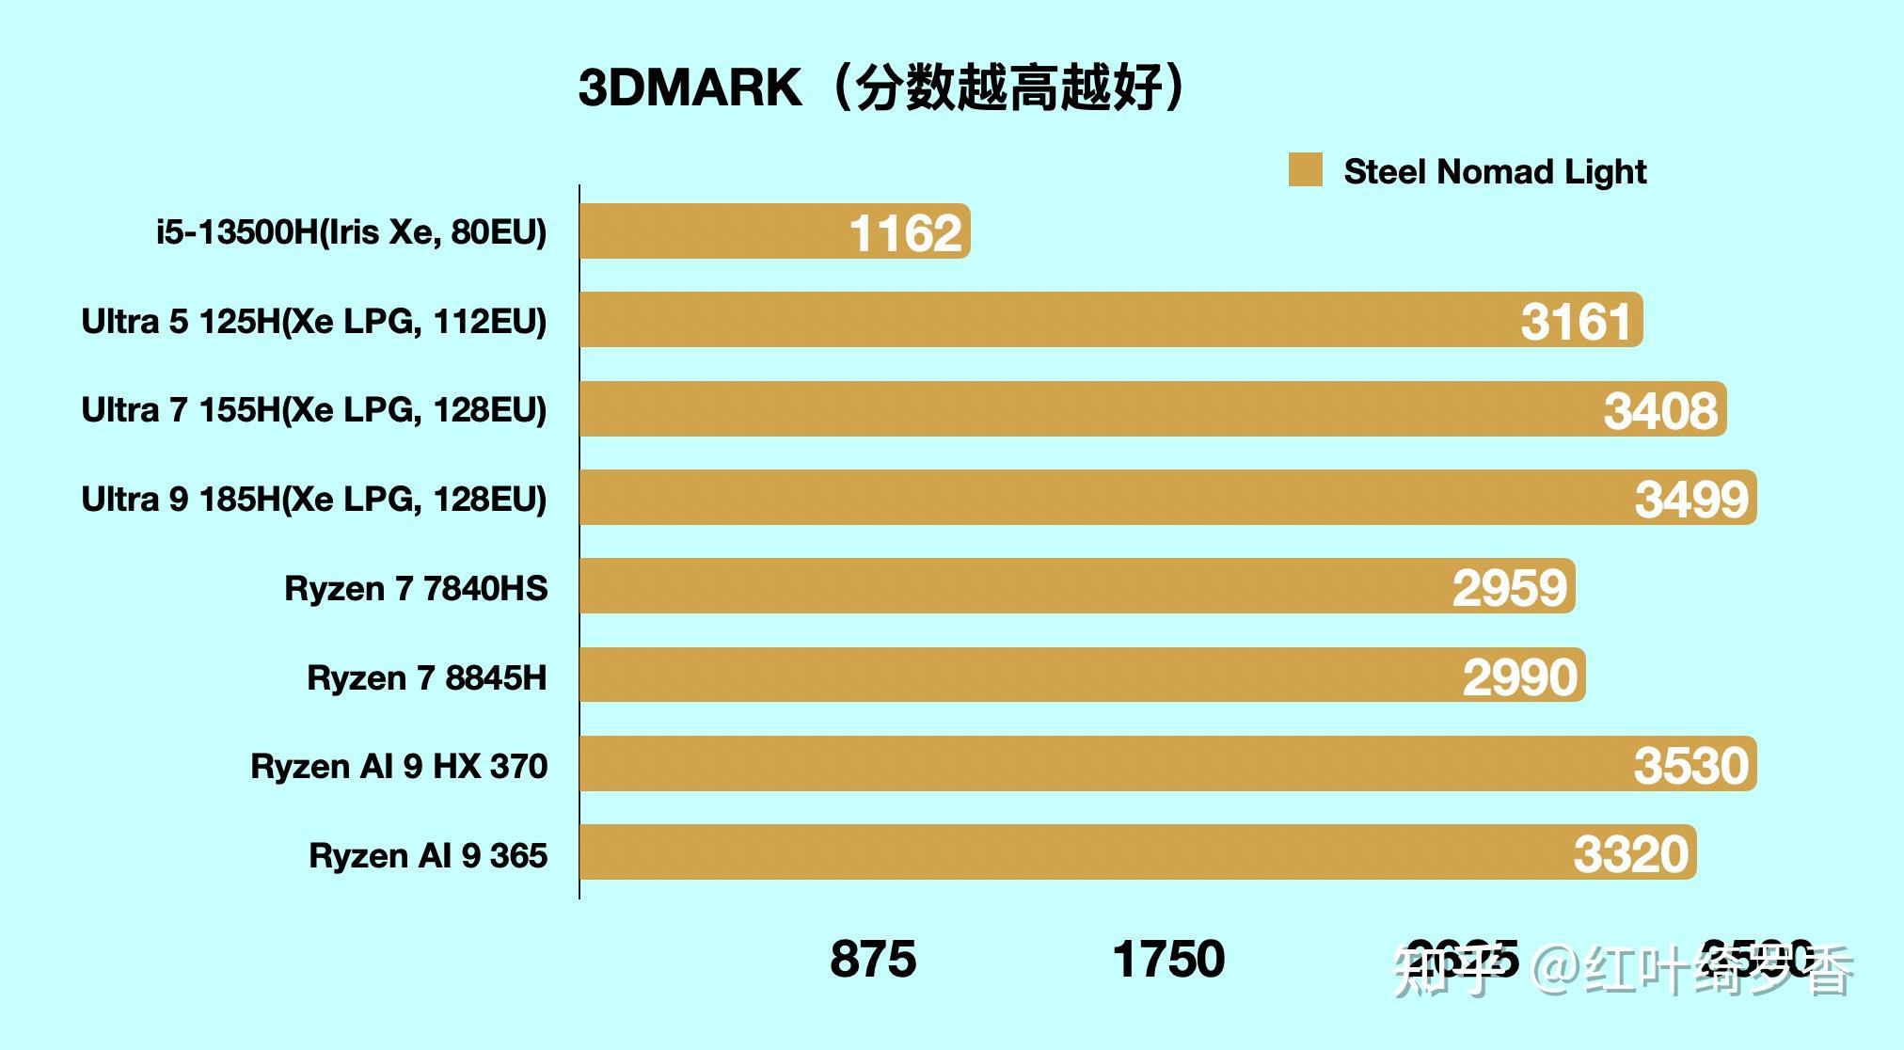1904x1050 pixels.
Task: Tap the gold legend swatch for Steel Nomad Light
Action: tap(1305, 170)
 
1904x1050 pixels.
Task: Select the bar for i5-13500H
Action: tap(715, 231)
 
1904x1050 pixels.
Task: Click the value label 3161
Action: tap(1576, 322)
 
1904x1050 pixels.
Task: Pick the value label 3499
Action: tap(1691, 499)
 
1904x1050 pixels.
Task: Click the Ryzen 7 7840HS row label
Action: tap(415, 588)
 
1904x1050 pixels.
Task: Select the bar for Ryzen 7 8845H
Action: tap(1016, 676)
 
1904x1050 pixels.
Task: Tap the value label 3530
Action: tap(1690, 765)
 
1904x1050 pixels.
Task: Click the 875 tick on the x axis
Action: tap(872, 960)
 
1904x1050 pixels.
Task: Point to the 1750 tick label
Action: tap(1168, 960)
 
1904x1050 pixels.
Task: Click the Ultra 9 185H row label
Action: tap(313, 499)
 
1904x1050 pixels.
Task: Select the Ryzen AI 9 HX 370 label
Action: tap(398, 766)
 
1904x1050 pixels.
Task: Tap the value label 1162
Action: tap(905, 233)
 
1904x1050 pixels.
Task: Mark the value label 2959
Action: tap(1509, 588)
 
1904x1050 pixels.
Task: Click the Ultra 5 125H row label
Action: tap(313, 322)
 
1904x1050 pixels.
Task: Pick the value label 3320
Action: tap(1630, 854)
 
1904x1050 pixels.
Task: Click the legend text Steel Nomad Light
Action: tap(1495, 171)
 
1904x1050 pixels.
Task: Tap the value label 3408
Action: tap(1659, 411)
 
